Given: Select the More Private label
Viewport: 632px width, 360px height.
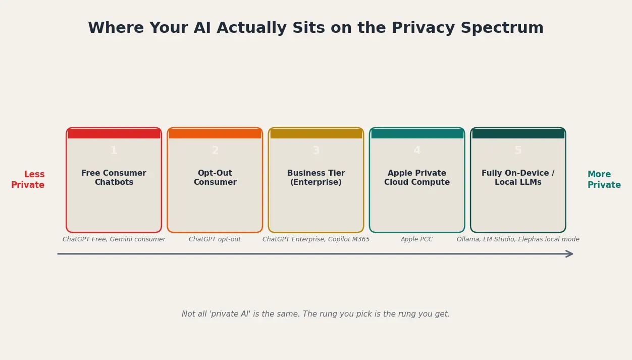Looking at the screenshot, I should pyautogui.click(x=604, y=180).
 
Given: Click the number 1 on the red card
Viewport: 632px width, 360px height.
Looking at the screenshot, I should pyautogui.click(x=114, y=150).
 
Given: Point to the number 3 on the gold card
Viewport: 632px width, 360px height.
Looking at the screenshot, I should pyautogui.click(x=316, y=150).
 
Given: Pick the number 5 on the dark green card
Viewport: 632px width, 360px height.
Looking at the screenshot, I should pyautogui.click(x=518, y=150).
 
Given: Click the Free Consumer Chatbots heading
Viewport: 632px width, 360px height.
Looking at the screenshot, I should pyautogui.click(x=114, y=178).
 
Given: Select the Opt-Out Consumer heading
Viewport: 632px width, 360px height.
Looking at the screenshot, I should pyautogui.click(x=215, y=178).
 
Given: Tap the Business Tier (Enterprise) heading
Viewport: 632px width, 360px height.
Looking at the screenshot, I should pyautogui.click(x=316, y=178).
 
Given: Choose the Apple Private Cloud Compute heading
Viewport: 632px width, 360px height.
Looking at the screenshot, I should pyautogui.click(x=417, y=178).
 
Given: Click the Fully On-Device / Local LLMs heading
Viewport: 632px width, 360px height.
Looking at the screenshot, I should pyautogui.click(x=518, y=178).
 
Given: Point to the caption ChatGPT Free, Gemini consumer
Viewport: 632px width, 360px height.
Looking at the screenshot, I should pyautogui.click(x=114, y=239).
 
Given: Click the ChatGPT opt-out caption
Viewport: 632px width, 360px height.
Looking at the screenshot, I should pyautogui.click(x=215, y=239).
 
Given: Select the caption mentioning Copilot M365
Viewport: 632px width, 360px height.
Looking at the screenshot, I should pyautogui.click(x=316, y=239).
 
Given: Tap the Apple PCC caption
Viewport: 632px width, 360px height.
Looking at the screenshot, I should pyautogui.click(x=417, y=239).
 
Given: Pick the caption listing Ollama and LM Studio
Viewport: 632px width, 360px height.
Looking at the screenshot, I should pyautogui.click(x=518, y=239).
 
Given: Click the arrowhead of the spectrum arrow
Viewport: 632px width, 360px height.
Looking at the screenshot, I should pyautogui.click(x=570, y=254).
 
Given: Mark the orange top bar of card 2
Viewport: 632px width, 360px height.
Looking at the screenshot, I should pyautogui.click(x=215, y=134).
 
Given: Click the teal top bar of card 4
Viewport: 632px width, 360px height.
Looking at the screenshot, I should pyautogui.click(x=417, y=134).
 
